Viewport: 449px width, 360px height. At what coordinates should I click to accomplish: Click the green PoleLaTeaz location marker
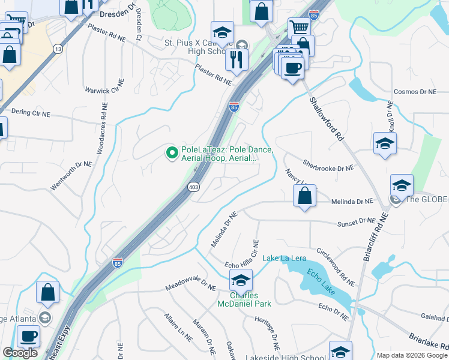(172, 154)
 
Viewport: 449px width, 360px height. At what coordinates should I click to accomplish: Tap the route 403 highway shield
(193, 187)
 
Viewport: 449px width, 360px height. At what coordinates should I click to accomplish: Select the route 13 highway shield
(58, 49)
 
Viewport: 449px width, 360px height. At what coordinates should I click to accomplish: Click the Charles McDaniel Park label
(244, 299)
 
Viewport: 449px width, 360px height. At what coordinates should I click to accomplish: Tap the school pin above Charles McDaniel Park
(241, 280)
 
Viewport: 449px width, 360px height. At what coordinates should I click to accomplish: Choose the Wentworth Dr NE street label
(71, 176)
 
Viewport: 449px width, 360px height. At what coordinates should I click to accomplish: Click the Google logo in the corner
(20, 353)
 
